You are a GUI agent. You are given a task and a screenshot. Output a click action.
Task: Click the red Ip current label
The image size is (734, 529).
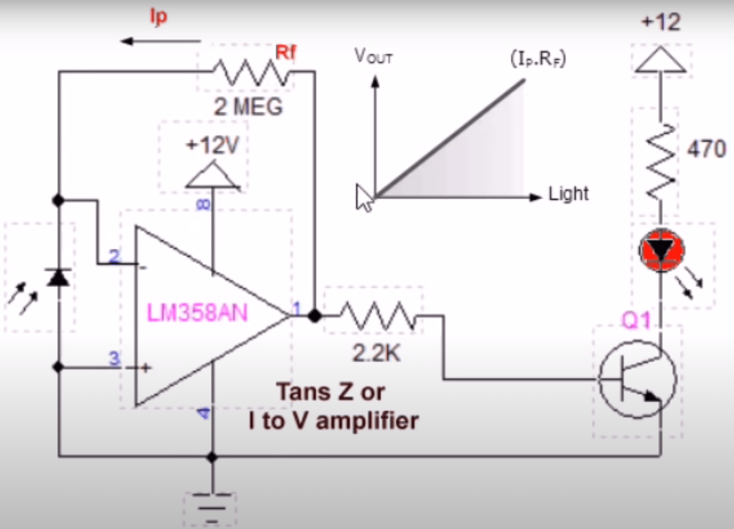(x=159, y=17)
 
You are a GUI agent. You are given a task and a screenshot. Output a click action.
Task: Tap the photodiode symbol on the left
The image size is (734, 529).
(x=58, y=277)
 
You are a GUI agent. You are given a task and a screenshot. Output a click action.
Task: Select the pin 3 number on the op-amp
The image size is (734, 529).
(x=114, y=359)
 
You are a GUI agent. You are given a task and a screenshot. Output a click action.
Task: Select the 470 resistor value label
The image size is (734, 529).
(x=706, y=148)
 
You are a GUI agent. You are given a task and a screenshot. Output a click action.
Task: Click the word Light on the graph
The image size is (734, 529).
(x=569, y=194)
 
